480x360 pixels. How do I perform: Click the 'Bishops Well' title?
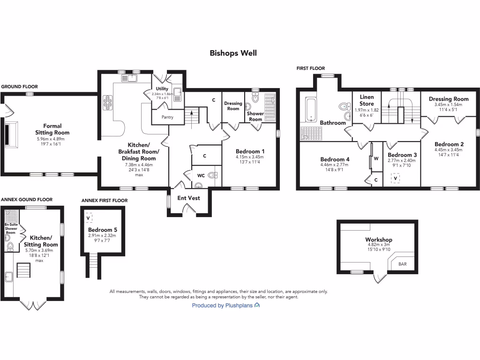click(x=233, y=53)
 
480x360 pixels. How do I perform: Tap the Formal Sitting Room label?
click(x=56, y=129)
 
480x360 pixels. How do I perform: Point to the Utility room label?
click(x=162, y=89)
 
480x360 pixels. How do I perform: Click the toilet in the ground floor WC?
click(x=212, y=176)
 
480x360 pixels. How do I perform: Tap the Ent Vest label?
click(x=188, y=198)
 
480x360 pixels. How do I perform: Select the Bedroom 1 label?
click(x=250, y=151)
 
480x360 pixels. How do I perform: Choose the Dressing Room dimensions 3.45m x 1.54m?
click(x=449, y=105)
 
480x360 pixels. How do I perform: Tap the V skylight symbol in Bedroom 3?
click(x=396, y=179)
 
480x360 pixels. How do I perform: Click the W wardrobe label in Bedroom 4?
click(x=376, y=158)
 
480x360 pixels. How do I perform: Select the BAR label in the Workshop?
click(x=402, y=264)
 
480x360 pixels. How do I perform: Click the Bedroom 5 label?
click(x=102, y=230)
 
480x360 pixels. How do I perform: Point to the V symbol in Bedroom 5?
click(x=89, y=218)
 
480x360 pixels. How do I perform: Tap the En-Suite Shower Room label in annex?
click(x=10, y=228)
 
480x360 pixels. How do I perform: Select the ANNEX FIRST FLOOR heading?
click(x=104, y=201)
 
